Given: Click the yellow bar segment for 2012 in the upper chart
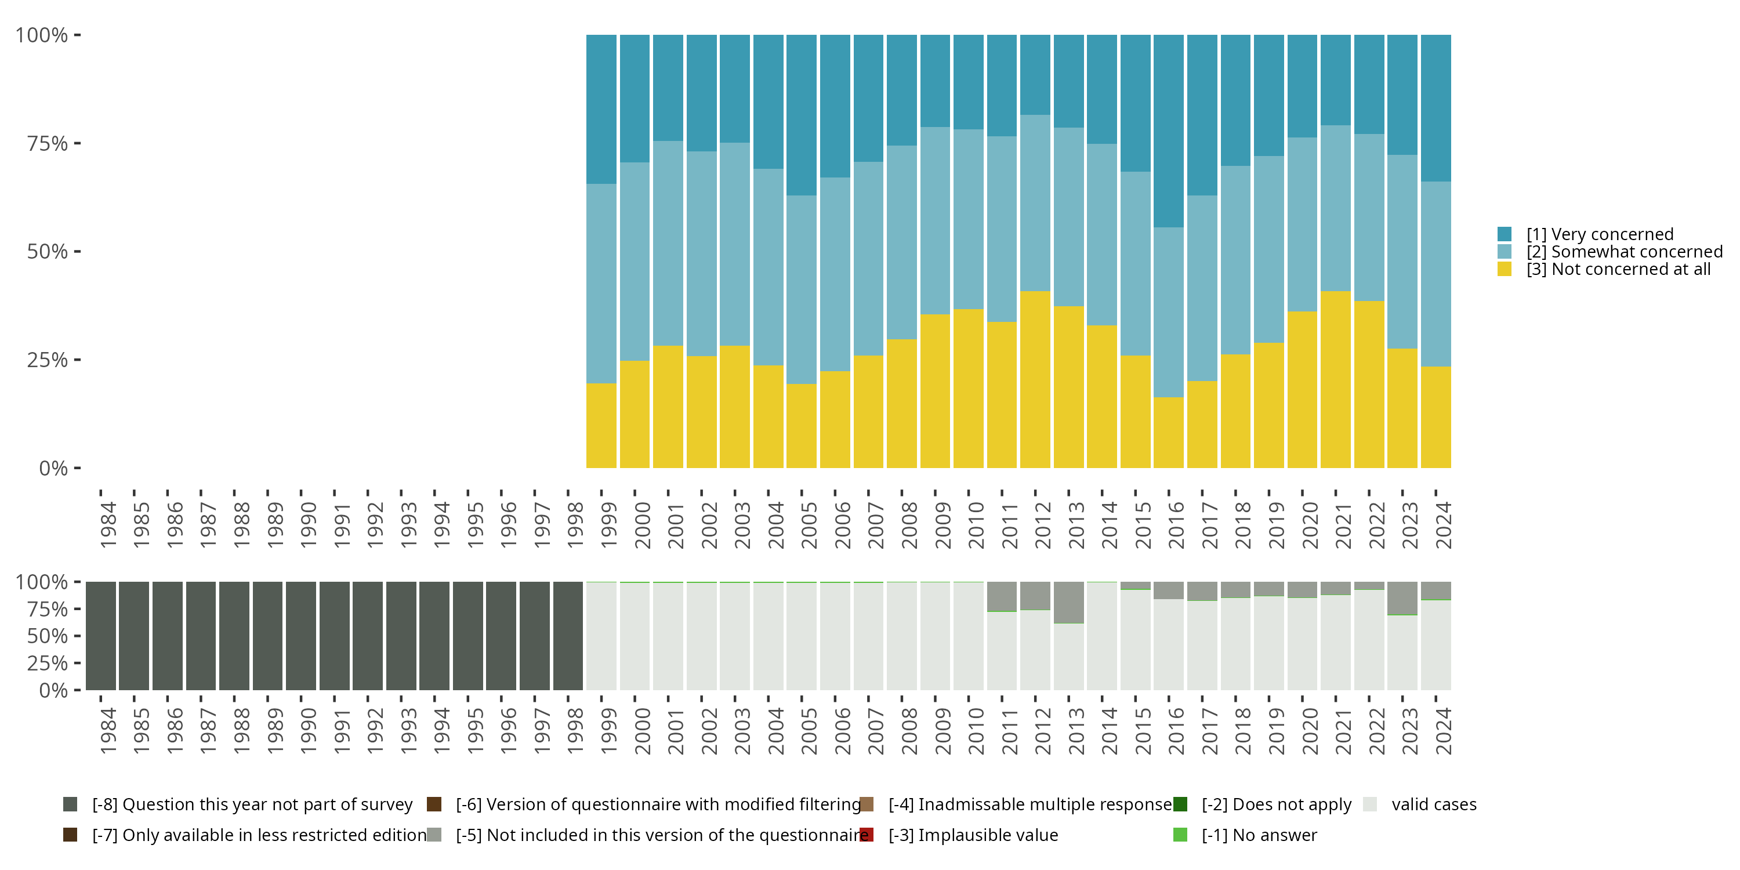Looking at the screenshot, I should click(x=1035, y=380).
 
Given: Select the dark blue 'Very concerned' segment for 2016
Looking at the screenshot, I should click(x=1169, y=131).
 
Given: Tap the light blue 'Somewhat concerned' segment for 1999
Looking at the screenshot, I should click(x=601, y=284).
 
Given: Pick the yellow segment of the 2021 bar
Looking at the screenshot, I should click(x=1335, y=380).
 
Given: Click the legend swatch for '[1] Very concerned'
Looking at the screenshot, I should click(x=1505, y=234).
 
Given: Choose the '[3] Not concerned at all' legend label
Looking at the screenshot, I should click(x=1618, y=270).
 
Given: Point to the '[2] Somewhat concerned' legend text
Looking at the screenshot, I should click(x=1625, y=252).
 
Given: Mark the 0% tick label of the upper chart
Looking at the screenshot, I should click(x=53, y=468).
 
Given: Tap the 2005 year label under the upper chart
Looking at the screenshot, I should click(x=809, y=525).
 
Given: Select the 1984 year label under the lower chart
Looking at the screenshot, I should click(x=108, y=731).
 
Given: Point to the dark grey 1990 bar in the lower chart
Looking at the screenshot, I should click(x=300, y=636).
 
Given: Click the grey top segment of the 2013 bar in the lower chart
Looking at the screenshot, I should click(x=1068, y=602).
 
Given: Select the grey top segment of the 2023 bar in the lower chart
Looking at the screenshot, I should click(x=1402, y=598).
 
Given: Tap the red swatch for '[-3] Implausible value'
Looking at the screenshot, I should click(x=867, y=835).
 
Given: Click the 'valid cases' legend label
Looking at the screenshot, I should click(x=1434, y=804).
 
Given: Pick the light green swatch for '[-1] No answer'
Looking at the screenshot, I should click(x=1180, y=835).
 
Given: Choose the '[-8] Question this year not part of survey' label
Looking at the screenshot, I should click(x=252, y=804).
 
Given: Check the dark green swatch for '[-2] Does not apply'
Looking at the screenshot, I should click(x=1180, y=804).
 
